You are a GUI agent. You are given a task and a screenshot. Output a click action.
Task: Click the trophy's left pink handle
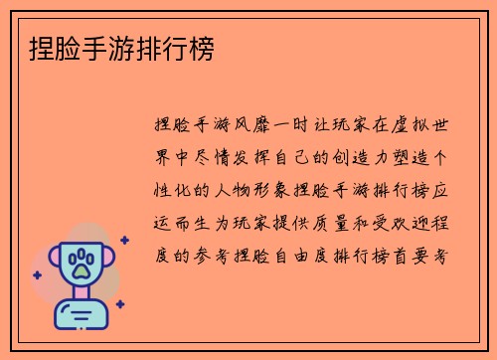pos(53,262)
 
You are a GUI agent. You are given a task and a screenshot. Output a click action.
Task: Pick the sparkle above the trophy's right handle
pos(124,240)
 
